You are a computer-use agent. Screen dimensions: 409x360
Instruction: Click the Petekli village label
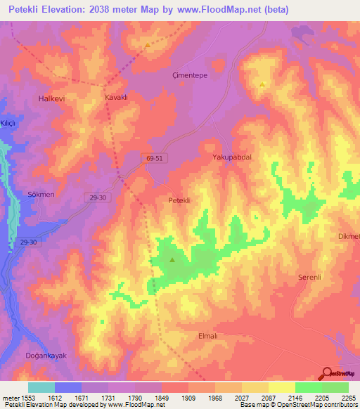point(180,200)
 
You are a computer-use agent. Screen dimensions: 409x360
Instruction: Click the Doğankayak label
point(46,356)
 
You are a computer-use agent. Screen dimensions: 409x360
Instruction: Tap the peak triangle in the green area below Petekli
point(172,260)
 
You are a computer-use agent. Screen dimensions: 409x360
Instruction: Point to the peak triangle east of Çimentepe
point(262,84)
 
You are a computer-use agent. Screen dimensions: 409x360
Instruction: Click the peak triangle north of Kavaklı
point(148,45)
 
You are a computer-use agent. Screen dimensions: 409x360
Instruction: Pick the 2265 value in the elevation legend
point(349,398)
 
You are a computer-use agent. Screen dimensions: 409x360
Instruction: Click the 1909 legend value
point(188,398)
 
